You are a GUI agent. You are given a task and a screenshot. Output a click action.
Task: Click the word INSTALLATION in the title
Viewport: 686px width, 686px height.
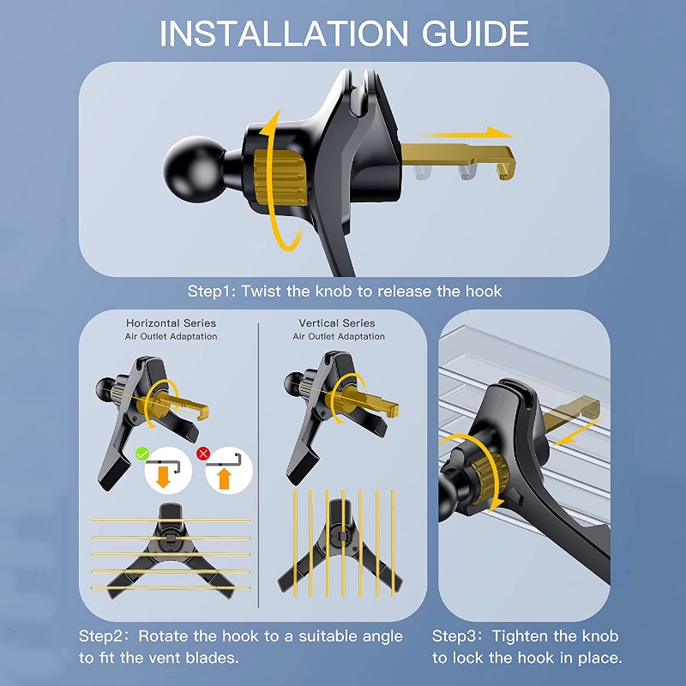click(x=284, y=33)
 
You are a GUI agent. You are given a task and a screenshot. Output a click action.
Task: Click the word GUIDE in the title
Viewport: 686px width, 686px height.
click(x=475, y=33)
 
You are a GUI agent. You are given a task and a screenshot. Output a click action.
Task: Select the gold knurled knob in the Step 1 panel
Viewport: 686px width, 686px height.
click(x=280, y=178)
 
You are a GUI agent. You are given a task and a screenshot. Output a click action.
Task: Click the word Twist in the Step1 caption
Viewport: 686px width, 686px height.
click(x=262, y=291)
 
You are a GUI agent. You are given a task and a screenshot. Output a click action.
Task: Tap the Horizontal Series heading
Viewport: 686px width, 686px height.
click(x=171, y=323)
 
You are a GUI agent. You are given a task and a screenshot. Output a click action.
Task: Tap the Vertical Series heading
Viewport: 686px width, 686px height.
click(x=337, y=323)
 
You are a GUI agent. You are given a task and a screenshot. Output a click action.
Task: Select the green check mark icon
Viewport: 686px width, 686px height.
click(x=142, y=454)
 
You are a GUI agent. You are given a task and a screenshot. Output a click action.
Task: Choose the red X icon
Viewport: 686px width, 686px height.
click(x=203, y=454)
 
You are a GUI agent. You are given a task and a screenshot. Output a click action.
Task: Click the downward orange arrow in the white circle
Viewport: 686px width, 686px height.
click(x=163, y=477)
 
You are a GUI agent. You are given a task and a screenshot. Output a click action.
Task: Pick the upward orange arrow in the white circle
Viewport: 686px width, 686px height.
click(x=224, y=478)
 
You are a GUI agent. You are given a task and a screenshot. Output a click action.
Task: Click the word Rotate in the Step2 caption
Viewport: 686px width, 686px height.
click(x=163, y=635)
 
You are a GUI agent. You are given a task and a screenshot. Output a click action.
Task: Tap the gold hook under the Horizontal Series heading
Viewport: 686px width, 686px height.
click(x=184, y=406)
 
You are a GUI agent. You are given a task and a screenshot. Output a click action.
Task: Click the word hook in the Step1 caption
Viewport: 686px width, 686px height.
click(x=484, y=291)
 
